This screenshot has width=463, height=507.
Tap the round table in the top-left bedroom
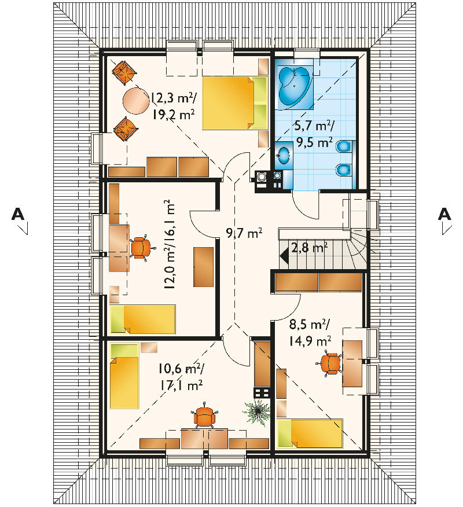pos(136,101)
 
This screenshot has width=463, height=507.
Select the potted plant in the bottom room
pos(257,412)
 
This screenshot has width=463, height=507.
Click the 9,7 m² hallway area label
pos(244,233)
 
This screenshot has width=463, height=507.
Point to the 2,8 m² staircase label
pos(310,248)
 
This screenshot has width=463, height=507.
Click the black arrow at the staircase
pos(285,256)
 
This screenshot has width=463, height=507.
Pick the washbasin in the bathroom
pos(284,155)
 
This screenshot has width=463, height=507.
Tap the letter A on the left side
pos(18,214)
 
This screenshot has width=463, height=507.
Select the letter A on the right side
pos(444,214)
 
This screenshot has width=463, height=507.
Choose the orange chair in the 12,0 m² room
pos(140,248)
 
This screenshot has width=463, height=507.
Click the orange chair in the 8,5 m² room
pos(329,363)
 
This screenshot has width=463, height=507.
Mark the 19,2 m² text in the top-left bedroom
pos(174,115)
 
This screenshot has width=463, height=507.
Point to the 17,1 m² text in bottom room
pos(181,385)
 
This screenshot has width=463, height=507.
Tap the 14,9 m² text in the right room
pos(310,341)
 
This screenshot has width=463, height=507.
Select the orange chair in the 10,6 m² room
pos(204,418)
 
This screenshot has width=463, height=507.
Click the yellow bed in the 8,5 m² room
pos(310,433)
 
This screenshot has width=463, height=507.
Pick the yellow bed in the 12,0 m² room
pos(142,319)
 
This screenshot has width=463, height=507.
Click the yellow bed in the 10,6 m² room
pos(124,376)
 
